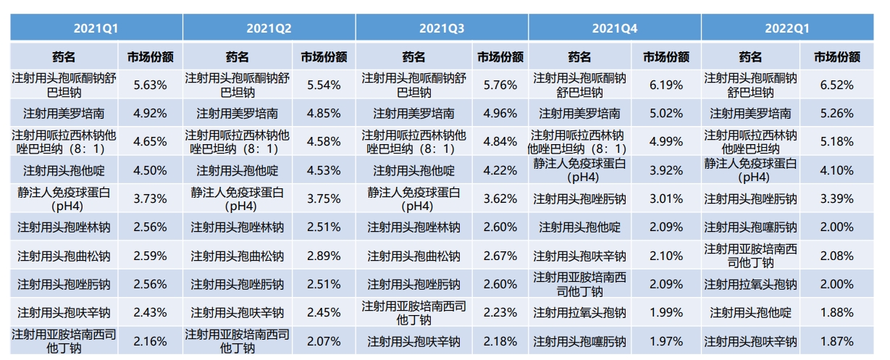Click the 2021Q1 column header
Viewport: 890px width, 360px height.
(x=96, y=28)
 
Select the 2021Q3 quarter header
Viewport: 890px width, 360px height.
(x=442, y=28)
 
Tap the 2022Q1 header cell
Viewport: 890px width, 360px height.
(x=788, y=28)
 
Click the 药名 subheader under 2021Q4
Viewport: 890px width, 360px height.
(x=579, y=56)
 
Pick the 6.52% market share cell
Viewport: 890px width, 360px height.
(x=838, y=85)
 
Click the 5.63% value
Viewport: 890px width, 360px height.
(x=151, y=85)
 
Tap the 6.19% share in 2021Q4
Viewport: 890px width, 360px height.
(x=666, y=85)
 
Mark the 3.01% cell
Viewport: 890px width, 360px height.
(x=666, y=198)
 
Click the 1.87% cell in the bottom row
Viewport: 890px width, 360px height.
(x=838, y=341)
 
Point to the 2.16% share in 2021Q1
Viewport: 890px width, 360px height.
(x=151, y=341)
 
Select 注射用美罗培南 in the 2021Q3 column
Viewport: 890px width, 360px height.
(x=413, y=113)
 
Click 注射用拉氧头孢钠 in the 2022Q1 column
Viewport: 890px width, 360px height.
(x=750, y=284)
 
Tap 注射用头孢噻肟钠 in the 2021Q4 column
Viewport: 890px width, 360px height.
(x=579, y=341)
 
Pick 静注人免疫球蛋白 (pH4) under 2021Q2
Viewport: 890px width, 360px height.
(x=238, y=198)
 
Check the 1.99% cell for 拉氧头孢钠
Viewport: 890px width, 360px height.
(x=666, y=312)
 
